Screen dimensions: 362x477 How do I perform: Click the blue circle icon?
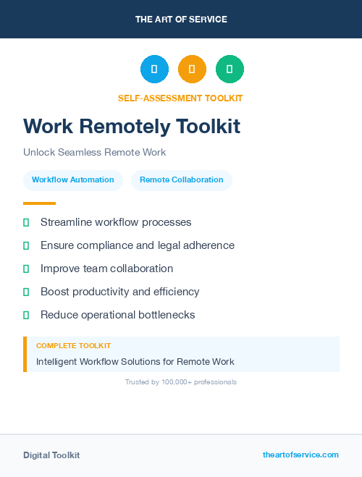point(154,69)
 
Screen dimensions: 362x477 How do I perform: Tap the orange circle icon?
point(192,69)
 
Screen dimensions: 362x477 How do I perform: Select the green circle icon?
point(230,69)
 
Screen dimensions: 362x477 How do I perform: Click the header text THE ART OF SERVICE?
point(181,20)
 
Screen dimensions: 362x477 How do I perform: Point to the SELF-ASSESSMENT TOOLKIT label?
point(180,98)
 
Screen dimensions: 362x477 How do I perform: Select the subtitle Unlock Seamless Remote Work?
point(95,153)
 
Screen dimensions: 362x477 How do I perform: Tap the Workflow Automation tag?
point(73,180)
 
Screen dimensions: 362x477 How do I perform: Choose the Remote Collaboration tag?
point(182,180)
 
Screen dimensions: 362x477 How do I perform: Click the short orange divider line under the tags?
point(39,203)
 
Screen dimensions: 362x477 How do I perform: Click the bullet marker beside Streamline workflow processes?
point(26,222)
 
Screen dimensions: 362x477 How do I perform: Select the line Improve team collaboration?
point(106,269)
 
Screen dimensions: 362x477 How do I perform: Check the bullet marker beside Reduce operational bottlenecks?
point(26,315)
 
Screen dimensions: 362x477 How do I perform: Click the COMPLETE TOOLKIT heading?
point(74,346)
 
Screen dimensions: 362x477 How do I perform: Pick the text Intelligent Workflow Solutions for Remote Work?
point(135,362)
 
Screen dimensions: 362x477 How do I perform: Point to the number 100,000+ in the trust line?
point(174,382)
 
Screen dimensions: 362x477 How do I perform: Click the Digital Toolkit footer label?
point(51,455)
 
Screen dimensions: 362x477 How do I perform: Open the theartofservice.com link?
point(300,455)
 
